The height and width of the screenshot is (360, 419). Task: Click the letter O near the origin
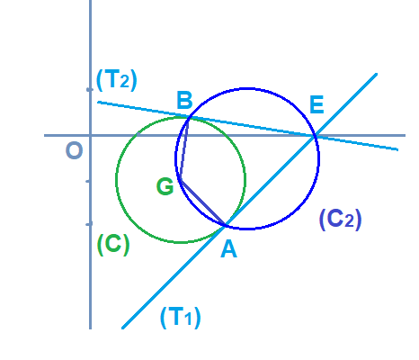[74, 150]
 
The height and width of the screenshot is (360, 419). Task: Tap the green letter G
[165, 186]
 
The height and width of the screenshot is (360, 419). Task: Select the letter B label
[184, 100]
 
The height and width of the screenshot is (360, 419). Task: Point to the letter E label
[316, 104]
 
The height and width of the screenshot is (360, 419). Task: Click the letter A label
[228, 249]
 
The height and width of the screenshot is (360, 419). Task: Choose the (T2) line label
[117, 80]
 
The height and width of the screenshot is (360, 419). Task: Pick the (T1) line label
[181, 318]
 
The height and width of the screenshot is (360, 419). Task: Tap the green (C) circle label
[113, 245]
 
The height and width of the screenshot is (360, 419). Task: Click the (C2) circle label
[341, 220]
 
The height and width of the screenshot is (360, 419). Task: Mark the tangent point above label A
[225, 226]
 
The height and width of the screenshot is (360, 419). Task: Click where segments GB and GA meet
[181, 180]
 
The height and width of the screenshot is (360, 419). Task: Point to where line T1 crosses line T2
[315, 136]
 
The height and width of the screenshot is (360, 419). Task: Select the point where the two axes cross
[90, 136]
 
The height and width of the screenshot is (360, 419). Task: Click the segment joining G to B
[184, 149]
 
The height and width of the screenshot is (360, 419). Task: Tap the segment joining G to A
[202, 202]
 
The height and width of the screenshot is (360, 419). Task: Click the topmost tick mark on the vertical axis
[89, 89]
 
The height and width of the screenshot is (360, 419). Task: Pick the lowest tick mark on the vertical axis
[89, 224]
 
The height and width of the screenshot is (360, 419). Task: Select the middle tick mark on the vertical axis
[89, 181]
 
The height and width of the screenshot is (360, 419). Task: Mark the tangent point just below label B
[188, 117]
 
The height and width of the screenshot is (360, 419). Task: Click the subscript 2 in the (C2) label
[350, 222]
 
